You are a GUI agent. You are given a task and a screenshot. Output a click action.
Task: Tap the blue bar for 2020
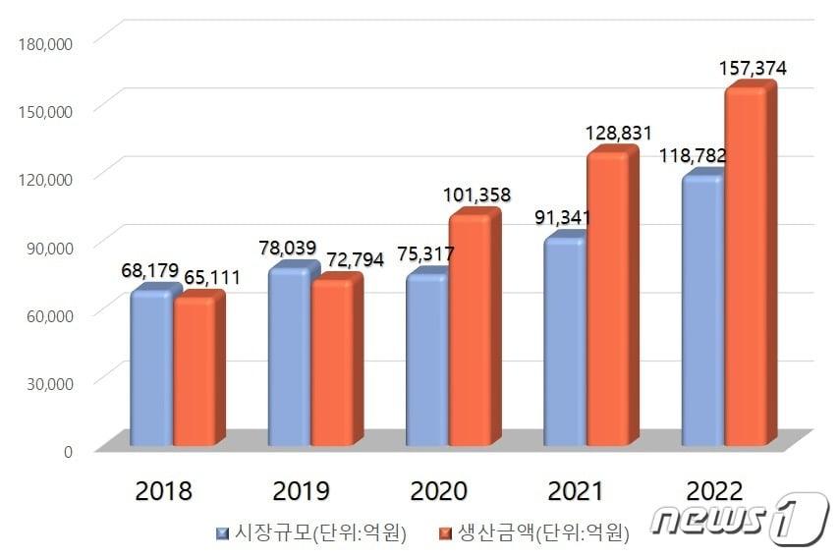(425, 361)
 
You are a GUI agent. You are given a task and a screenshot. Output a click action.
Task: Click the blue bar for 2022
(701, 310)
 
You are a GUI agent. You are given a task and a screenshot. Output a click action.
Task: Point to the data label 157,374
(753, 69)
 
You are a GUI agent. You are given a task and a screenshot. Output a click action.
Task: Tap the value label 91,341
(565, 216)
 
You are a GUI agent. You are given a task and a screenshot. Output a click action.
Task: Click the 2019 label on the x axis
(303, 490)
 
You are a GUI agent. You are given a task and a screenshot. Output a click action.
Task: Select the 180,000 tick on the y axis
(46, 42)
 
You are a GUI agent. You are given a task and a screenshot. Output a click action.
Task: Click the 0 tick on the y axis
(68, 451)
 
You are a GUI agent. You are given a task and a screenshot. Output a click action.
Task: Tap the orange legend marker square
(444, 533)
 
